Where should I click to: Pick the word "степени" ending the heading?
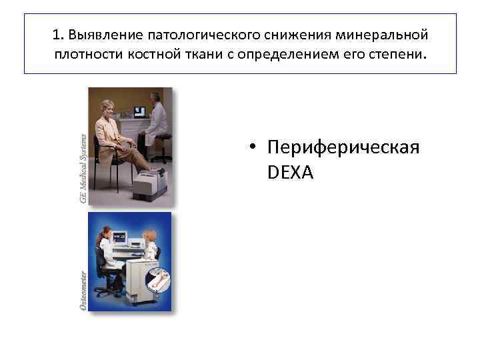(397, 53)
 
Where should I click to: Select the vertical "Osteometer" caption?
(83, 290)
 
